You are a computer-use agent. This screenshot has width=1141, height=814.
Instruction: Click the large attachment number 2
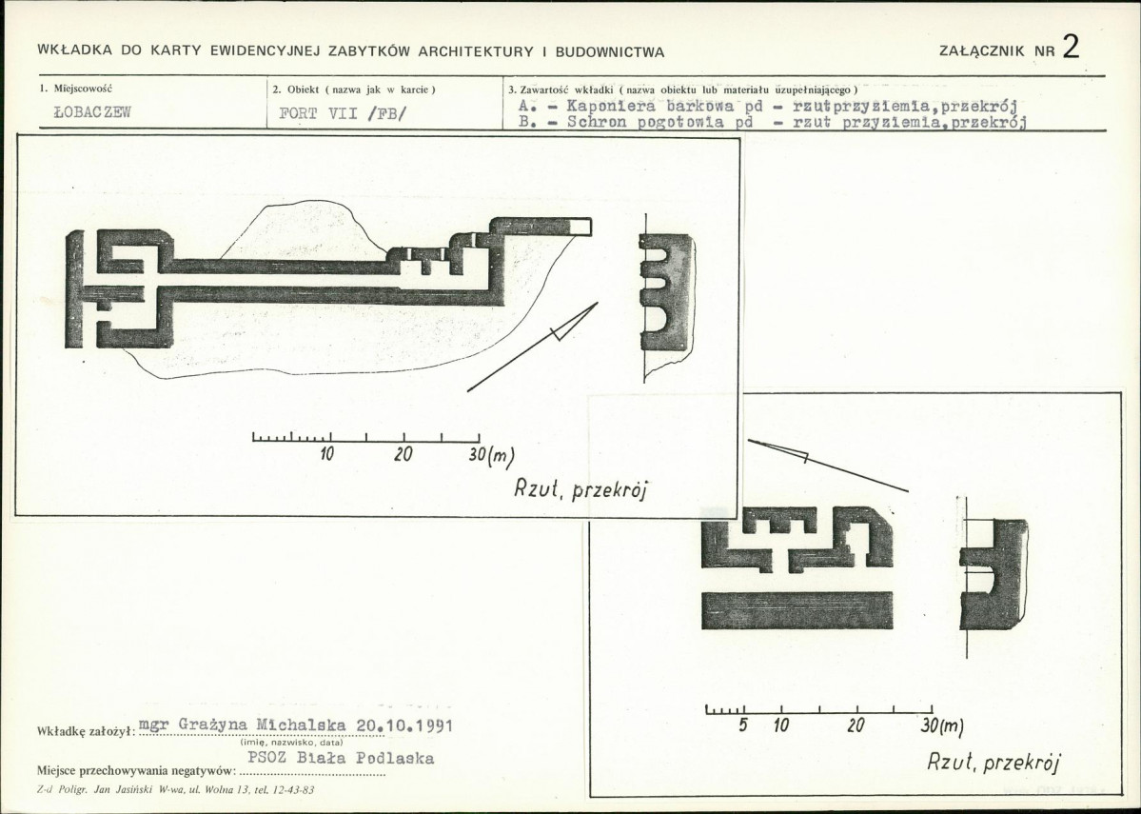click(x=1071, y=47)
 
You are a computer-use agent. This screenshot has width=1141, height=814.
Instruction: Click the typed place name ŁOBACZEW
click(x=92, y=112)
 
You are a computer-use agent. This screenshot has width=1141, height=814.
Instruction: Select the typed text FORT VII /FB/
click(x=342, y=113)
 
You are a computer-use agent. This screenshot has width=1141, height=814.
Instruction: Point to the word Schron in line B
click(x=596, y=122)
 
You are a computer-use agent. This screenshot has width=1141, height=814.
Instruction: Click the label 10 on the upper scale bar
click(x=326, y=454)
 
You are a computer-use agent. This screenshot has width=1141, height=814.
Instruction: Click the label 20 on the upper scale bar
click(x=403, y=454)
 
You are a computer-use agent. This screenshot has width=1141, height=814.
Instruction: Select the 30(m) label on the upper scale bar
click(x=491, y=456)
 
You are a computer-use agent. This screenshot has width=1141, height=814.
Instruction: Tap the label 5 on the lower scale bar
click(x=743, y=725)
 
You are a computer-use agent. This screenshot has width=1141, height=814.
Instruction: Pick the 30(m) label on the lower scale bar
click(x=941, y=725)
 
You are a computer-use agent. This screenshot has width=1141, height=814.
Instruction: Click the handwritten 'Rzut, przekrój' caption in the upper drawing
click(x=580, y=489)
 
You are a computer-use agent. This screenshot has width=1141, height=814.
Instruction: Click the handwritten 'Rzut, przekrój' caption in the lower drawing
click(x=993, y=762)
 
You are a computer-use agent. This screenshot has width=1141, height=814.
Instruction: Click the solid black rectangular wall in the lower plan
click(x=797, y=610)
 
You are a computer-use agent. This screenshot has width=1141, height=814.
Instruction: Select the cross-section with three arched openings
click(x=666, y=292)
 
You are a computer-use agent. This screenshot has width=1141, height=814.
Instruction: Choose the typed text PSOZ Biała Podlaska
click(x=342, y=758)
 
